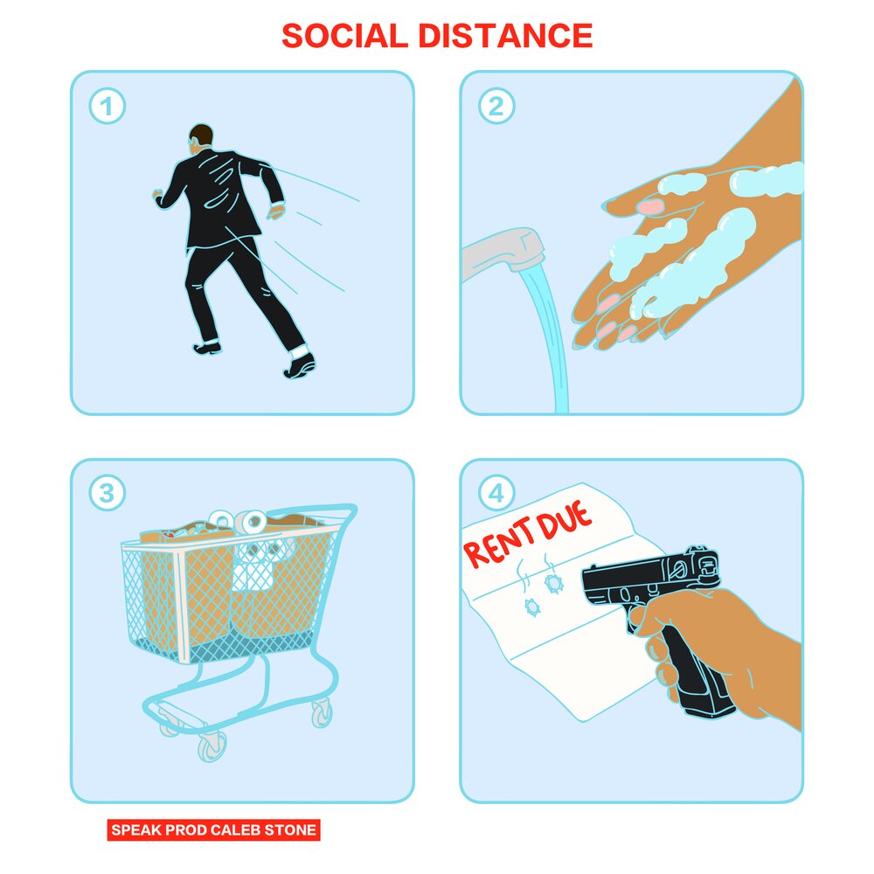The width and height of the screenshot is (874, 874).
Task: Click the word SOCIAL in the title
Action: (344, 36)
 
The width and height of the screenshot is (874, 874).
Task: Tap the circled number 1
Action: (107, 107)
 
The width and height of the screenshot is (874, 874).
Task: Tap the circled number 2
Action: (496, 107)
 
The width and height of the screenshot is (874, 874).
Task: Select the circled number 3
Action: (107, 494)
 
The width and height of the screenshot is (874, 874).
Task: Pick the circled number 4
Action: (496, 494)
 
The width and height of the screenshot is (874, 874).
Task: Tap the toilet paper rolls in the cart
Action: (249, 524)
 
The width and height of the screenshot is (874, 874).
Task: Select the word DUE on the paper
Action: (565, 523)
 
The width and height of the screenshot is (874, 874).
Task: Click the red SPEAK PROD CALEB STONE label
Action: (213, 829)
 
